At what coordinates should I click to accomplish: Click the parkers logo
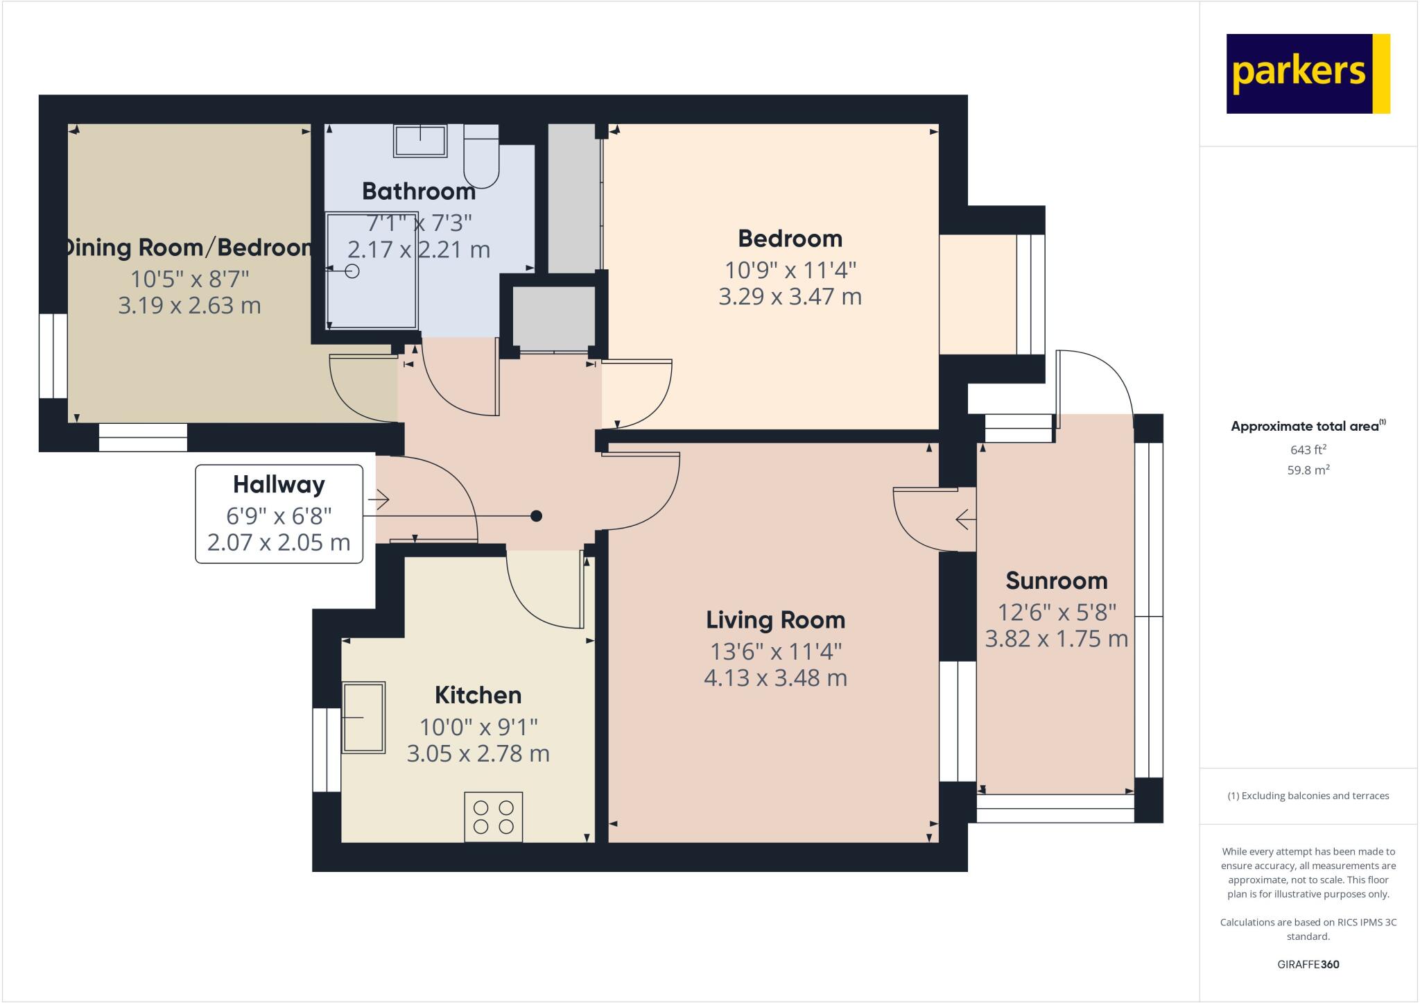[x=1308, y=74]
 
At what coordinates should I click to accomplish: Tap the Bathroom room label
[x=418, y=191]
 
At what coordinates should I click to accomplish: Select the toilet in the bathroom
[x=481, y=158]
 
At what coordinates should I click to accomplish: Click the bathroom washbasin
[x=420, y=141]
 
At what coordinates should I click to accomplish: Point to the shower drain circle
[x=352, y=271]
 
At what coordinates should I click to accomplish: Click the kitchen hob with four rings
[x=493, y=817]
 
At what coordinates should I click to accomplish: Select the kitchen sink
[x=363, y=717]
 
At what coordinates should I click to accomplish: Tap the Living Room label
[x=775, y=619]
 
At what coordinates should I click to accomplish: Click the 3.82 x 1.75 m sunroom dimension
[x=1056, y=639]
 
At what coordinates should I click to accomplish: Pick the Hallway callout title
[x=279, y=484]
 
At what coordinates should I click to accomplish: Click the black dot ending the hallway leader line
[x=536, y=516]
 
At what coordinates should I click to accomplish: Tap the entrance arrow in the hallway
[x=379, y=499]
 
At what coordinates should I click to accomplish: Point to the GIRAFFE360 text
[x=1308, y=964]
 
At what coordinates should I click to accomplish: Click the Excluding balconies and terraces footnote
[x=1308, y=796]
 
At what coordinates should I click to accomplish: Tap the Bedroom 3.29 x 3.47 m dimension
[x=790, y=297]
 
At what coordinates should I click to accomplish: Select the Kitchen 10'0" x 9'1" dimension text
[x=478, y=727]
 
